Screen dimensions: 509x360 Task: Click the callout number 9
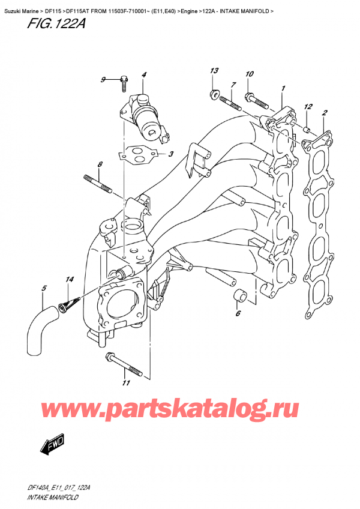[103, 80]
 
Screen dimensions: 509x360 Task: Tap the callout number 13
[213, 72]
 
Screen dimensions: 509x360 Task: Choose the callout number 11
[125, 383]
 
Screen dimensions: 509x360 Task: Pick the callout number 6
[238, 313]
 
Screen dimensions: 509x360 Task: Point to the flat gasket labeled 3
[139, 153]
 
